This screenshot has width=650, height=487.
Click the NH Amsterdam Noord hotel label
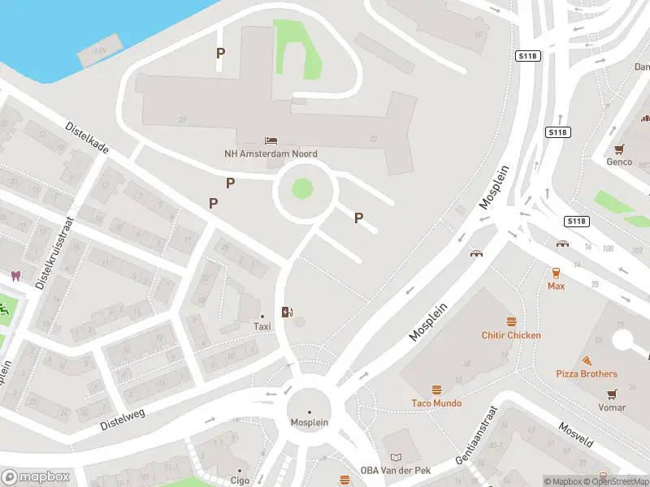pos(271,153)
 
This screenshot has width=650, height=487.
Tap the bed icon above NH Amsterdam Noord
pos(271,141)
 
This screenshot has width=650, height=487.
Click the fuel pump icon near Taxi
pos(287,312)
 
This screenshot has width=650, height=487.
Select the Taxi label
pos(262,326)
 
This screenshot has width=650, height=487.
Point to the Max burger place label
pos(556,286)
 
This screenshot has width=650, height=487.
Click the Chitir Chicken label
pos(511,335)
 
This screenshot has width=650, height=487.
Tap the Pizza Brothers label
pos(587,373)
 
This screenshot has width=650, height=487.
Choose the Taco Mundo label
pos(436,403)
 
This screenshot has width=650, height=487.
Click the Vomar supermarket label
pos(612,407)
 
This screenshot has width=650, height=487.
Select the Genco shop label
pos(619,162)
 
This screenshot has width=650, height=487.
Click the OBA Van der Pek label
pos(396,470)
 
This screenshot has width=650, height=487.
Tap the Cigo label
pos(240,480)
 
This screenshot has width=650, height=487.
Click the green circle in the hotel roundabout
pos(302,188)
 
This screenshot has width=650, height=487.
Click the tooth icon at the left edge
pos(15,276)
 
